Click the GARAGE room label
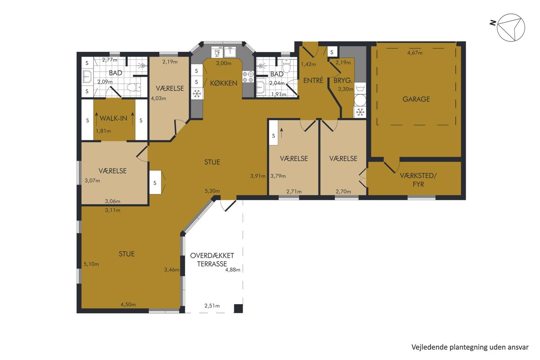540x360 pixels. click(x=416, y=99)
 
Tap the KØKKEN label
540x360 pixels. click(x=224, y=83)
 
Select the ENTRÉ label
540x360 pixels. click(x=313, y=80)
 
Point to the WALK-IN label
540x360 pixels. click(x=113, y=118)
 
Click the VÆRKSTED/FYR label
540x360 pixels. click(x=418, y=180)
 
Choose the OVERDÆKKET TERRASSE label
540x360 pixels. click(x=212, y=260)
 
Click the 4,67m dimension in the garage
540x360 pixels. click(x=414, y=53)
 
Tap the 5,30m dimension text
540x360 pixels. click(x=212, y=191)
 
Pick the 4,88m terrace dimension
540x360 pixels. click(x=233, y=270)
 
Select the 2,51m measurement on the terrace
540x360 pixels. click(x=212, y=306)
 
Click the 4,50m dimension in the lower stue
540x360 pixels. click(x=128, y=305)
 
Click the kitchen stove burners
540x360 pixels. click(x=248, y=76)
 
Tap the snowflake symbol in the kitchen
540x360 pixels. click(x=197, y=94)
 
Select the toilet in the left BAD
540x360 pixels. click(x=134, y=87)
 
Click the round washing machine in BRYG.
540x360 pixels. click(x=360, y=100)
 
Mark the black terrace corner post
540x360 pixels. click(x=238, y=308)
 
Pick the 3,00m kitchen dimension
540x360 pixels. click(x=224, y=63)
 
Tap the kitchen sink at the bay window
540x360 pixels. click(x=230, y=52)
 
